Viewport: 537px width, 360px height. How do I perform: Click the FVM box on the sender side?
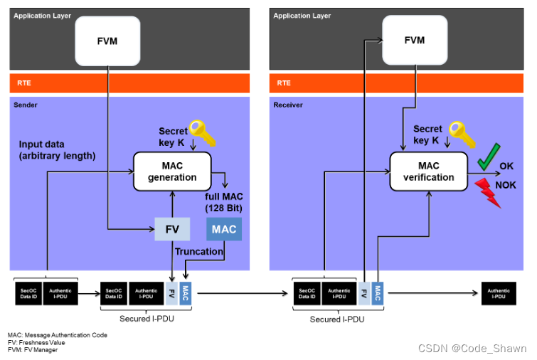tap(107, 41)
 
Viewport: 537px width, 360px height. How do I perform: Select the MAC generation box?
tap(174, 171)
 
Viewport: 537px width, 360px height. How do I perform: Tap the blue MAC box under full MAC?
tap(224, 229)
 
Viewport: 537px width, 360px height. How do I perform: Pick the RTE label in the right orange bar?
tap(283, 83)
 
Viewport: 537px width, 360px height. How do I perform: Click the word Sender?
tap(27, 105)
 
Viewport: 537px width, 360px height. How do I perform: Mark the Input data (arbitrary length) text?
tap(56, 150)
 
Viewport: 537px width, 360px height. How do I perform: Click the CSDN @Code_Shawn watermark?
tap(472, 348)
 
